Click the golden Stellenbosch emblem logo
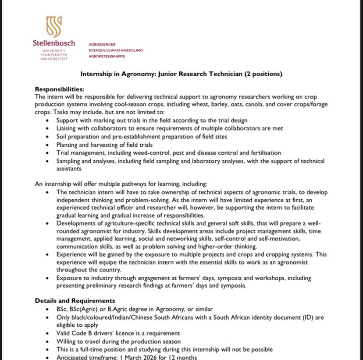[x=53, y=27]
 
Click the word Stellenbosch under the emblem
[x=53, y=43]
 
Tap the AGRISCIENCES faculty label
[x=102, y=44]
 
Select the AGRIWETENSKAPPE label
[x=107, y=56]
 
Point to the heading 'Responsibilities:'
[x=59, y=89]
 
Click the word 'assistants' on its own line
[x=69, y=168]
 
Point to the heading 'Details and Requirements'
[x=75, y=300]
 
